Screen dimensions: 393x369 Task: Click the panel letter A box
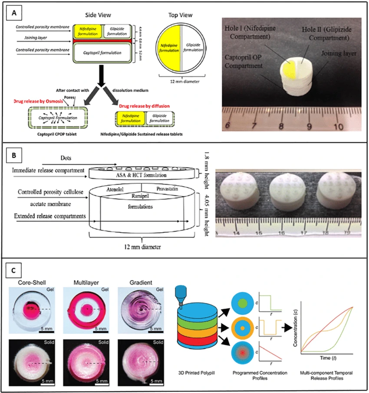(x=14, y=14)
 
